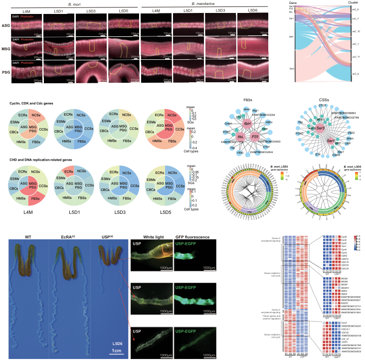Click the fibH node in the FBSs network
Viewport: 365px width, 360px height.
pos(247,125)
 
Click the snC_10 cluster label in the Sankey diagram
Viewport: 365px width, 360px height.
pos(356,31)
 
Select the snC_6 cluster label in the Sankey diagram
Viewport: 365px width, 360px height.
pos(356,73)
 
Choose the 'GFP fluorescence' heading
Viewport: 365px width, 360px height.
pos(194,237)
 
